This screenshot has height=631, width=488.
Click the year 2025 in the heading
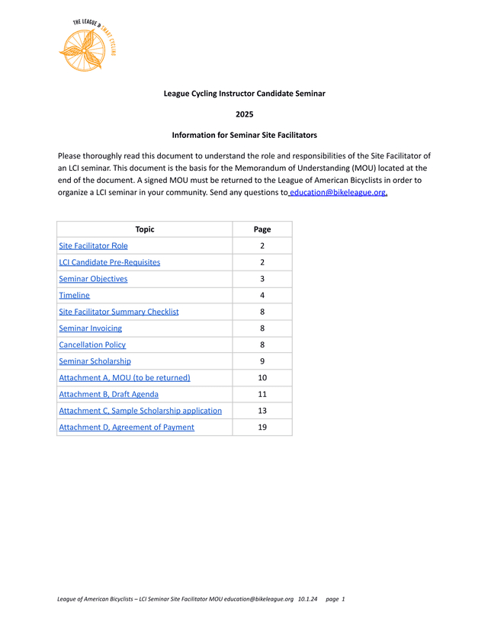pyautogui.click(x=244, y=114)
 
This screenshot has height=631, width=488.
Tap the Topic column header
pyautogui.click(x=144, y=229)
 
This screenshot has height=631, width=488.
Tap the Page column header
pyautogui.click(x=262, y=229)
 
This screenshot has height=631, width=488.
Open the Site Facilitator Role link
pyautogui.click(x=93, y=246)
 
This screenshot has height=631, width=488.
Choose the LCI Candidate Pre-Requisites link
pyautogui.click(x=109, y=262)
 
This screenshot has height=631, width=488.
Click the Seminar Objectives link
pyautogui.click(x=93, y=279)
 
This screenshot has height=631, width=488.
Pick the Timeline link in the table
pyautogui.click(x=74, y=295)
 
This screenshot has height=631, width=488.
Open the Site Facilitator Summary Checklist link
pyautogui.click(x=119, y=312)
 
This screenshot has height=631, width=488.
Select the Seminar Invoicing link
pyautogui.click(x=90, y=328)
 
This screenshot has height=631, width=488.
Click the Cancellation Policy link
pyautogui.click(x=92, y=344)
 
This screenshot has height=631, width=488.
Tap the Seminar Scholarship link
pyautogui.click(x=95, y=361)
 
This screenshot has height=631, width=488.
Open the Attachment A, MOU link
pyautogui.click(x=124, y=377)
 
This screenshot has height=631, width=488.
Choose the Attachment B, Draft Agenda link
pyautogui.click(x=109, y=394)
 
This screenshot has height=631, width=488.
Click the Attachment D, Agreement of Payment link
pyautogui.click(x=127, y=427)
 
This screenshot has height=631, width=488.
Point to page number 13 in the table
pyautogui.click(x=262, y=411)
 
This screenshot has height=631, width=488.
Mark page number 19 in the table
pyautogui.click(x=262, y=427)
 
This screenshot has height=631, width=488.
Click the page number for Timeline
pyautogui.click(x=262, y=295)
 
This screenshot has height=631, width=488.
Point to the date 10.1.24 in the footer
pyautogui.click(x=307, y=600)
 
